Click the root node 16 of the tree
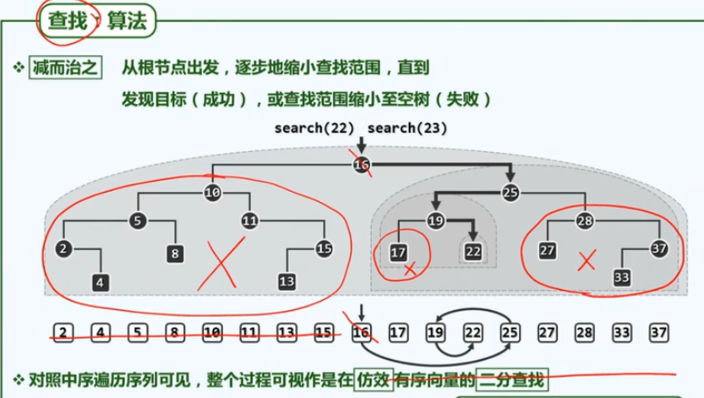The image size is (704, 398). click(362, 164)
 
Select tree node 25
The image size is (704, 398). click(510, 192)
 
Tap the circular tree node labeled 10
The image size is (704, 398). click(212, 193)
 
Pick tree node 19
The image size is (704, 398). click(435, 221)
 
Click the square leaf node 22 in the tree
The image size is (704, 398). click(473, 250)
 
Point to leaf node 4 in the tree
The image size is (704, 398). click(101, 281)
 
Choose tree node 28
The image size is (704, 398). click(585, 221)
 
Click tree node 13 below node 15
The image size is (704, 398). click(287, 281)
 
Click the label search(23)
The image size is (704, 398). click(407, 128)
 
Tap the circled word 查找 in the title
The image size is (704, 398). click(68, 21)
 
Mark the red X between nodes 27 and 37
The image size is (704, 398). click(584, 262)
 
